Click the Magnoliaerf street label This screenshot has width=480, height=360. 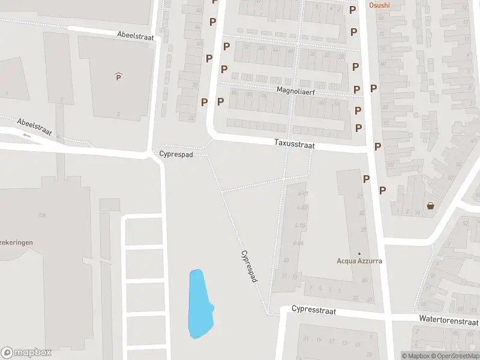click(x=295, y=91)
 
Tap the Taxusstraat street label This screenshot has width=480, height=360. click(x=294, y=145)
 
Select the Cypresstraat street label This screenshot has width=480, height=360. click(x=313, y=310)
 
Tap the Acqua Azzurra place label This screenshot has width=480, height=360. click(x=359, y=261)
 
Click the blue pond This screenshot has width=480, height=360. click(x=200, y=303)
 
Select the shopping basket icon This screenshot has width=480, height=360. click(x=431, y=206)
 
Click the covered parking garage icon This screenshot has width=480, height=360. click(x=118, y=76)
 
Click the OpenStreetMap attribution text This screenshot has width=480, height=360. click(x=455, y=356)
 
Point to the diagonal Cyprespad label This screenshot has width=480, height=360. click(x=250, y=266)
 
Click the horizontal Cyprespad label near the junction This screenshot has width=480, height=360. click(x=176, y=154)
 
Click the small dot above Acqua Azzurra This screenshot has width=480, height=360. click(x=359, y=253)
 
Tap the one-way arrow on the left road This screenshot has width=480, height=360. click(x=26, y=135)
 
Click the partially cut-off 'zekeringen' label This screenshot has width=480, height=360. click(x=16, y=242)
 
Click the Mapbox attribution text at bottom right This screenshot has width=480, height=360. click(x=415, y=356)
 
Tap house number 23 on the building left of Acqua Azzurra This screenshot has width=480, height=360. click(x=286, y=260)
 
